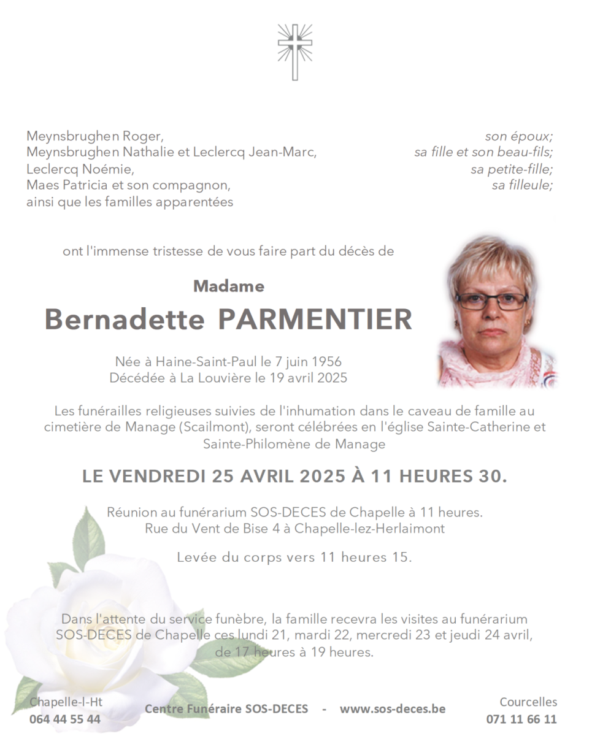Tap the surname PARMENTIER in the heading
click(315, 320)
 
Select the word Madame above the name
click(228, 286)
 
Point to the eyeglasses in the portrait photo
click(491, 301)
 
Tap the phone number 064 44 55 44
click(65, 719)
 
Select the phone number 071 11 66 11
click(521, 719)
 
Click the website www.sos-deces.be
click(393, 709)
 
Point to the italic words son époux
click(519, 137)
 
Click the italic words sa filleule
click(522, 185)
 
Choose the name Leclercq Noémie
click(80, 169)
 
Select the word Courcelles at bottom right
click(528, 702)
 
